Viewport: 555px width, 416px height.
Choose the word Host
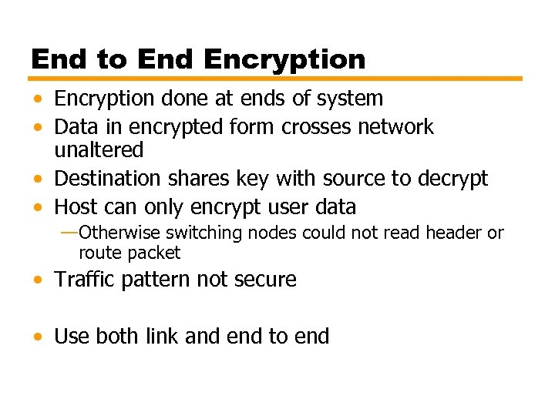76,206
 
